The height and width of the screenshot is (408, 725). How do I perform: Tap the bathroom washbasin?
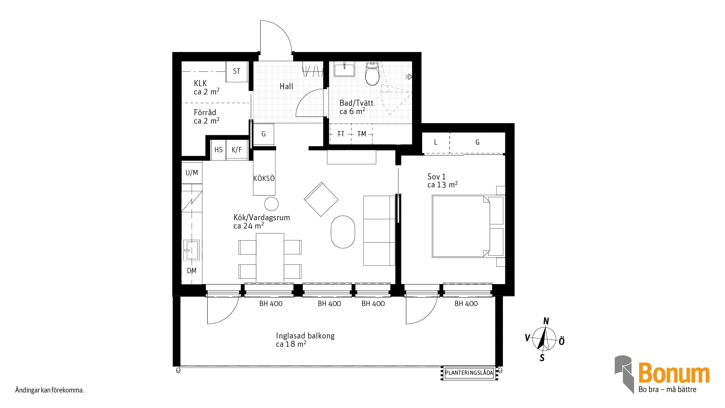(x=344, y=70)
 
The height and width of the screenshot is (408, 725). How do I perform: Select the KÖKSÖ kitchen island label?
(x=264, y=178)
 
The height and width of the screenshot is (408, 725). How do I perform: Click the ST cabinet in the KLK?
(x=237, y=71)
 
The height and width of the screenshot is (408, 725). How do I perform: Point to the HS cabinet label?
(x=219, y=150)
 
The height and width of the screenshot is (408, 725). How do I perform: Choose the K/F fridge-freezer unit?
(x=237, y=150)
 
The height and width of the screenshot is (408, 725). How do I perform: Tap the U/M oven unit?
(x=192, y=173)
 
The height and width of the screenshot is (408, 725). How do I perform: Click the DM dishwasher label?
(x=192, y=270)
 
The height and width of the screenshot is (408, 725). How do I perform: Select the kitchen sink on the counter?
(x=191, y=250)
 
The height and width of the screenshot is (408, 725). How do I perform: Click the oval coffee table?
(x=343, y=232)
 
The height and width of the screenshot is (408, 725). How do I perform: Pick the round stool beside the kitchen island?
(x=271, y=204)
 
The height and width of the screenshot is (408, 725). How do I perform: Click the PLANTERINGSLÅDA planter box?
(x=469, y=373)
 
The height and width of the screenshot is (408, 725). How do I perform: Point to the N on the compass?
(x=546, y=321)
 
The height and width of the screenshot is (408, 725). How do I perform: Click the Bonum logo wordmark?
(x=674, y=373)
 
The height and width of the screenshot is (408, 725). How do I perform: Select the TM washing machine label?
(x=362, y=134)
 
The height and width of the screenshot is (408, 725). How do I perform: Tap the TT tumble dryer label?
(x=341, y=134)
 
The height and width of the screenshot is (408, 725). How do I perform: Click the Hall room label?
(x=286, y=87)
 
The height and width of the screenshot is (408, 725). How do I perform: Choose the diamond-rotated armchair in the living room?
(x=321, y=199)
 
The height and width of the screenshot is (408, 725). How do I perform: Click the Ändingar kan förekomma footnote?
(x=49, y=390)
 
